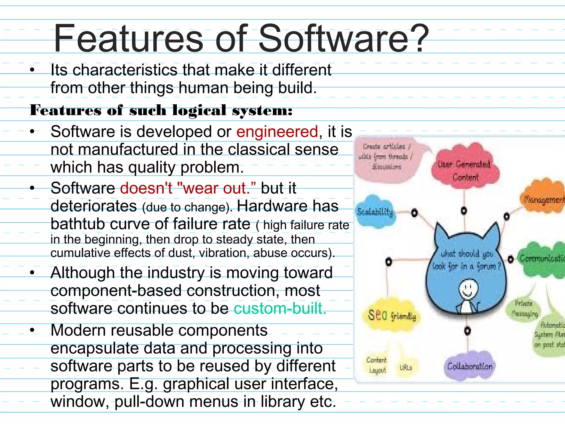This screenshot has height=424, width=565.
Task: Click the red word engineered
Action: click(x=277, y=132)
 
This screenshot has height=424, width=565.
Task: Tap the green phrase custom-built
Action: click(x=280, y=308)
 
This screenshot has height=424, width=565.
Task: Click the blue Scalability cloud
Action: click(x=375, y=212)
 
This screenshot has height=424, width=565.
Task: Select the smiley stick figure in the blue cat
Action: click(x=468, y=295)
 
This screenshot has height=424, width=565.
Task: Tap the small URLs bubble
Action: click(x=406, y=367)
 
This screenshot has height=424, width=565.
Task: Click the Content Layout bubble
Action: click(x=377, y=364)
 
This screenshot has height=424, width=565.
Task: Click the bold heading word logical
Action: click(x=199, y=110)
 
